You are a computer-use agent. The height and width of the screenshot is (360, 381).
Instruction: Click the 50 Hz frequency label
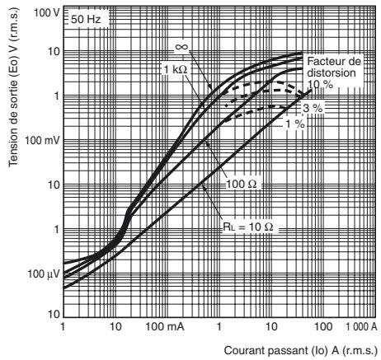[x=86, y=20]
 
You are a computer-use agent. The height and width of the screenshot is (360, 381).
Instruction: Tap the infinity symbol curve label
[x=181, y=47]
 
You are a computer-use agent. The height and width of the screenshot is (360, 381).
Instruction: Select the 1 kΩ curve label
[x=176, y=70]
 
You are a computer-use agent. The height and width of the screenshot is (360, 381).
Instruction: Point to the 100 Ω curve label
[x=242, y=184]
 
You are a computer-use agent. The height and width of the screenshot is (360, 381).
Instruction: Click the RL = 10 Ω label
[x=248, y=227]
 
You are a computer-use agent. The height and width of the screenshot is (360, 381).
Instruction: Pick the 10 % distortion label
[x=320, y=84]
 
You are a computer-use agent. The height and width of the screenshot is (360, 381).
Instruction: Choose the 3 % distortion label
[x=313, y=108]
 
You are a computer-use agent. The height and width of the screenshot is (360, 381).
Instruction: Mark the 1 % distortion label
[x=295, y=124]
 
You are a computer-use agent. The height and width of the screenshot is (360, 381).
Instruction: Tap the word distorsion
[x=332, y=72]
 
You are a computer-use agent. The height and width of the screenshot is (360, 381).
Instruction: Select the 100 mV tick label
[x=42, y=140]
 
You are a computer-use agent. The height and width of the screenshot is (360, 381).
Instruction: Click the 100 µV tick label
[x=44, y=274]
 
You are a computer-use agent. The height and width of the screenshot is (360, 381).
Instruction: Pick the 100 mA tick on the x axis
[x=165, y=326]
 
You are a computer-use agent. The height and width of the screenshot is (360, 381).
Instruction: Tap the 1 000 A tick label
[x=361, y=326]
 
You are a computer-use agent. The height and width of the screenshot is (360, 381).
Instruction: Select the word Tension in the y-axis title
[x=12, y=149]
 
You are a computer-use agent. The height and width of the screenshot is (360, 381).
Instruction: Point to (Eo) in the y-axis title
[x=12, y=68]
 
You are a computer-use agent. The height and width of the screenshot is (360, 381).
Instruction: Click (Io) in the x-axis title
[x=320, y=351]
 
